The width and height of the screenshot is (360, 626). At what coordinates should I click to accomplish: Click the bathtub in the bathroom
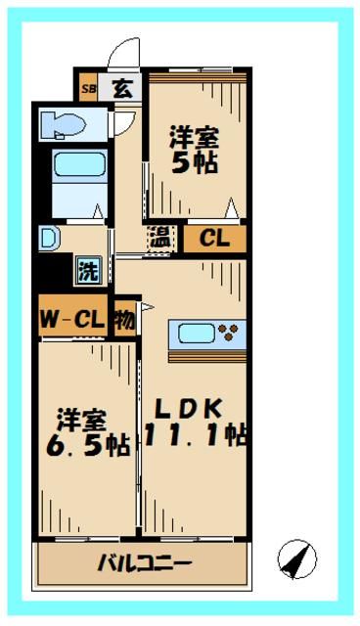(x=76, y=181)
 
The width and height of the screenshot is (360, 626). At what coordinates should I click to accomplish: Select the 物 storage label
(x=124, y=318)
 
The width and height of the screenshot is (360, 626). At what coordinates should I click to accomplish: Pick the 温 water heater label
(x=157, y=238)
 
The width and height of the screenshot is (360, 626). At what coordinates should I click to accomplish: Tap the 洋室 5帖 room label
(x=194, y=150)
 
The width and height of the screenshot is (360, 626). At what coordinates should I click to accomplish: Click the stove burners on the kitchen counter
(x=230, y=332)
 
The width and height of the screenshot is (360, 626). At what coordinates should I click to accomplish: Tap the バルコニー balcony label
(x=145, y=564)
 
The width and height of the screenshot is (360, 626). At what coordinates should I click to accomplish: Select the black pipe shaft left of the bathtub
(x=40, y=181)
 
